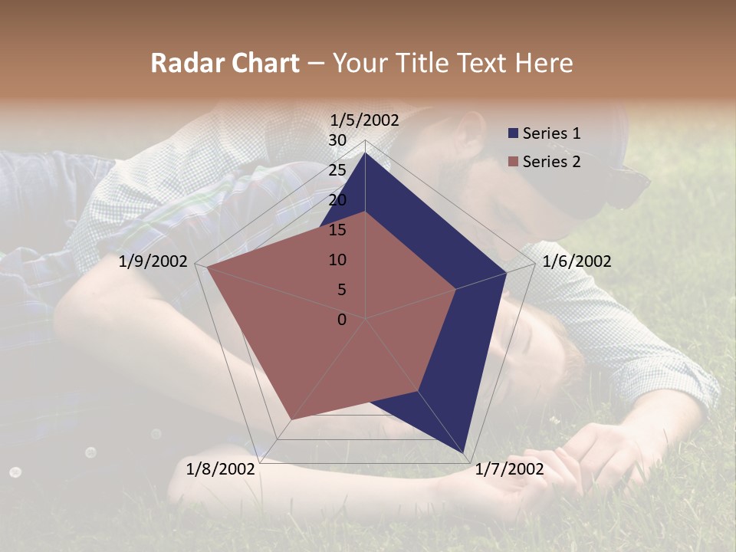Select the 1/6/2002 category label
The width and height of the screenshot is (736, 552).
click(577, 261)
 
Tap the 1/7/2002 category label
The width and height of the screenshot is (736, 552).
click(509, 469)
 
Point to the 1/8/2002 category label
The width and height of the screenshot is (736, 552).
click(221, 469)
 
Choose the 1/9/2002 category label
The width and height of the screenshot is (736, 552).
click(153, 261)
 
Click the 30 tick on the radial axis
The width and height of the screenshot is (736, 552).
click(337, 140)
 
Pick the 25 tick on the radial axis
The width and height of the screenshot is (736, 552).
click(337, 170)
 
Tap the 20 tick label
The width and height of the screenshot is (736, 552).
click(337, 200)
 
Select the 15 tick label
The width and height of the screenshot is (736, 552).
click(337, 230)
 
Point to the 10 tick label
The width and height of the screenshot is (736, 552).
click(337, 260)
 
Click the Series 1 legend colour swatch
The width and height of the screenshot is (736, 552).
click(513, 133)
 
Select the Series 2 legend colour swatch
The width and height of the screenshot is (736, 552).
click(513, 162)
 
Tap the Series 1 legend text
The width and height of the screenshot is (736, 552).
click(551, 133)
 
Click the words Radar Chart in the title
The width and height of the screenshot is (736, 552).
click(225, 63)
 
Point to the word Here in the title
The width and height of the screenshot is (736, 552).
click(544, 63)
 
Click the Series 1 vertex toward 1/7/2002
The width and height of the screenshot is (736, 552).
click(465, 454)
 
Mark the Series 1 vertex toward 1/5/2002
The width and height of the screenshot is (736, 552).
click(365, 153)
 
